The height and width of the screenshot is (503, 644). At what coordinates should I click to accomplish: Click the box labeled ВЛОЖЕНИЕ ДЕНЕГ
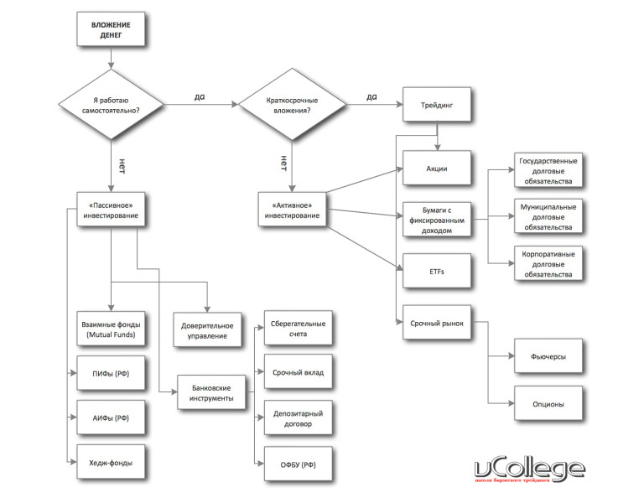[110, 33]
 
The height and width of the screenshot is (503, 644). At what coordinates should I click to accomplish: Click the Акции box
[436, 169]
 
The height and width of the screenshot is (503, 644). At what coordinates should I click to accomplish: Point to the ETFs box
[436, 271]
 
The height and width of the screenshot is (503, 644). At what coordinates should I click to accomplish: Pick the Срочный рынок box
[436, 322]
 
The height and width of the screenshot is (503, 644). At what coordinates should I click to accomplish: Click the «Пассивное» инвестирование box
[110, 210]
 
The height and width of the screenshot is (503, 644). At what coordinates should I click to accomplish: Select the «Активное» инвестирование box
[291, 210]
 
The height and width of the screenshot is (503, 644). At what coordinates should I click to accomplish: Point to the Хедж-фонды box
[110, 462]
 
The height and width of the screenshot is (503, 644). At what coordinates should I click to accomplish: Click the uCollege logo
[528, 471]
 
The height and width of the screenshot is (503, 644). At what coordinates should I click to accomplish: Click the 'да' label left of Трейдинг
[371, 97]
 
